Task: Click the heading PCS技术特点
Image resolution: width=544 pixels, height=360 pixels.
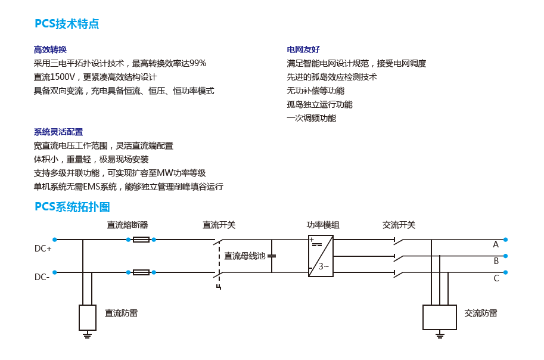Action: point(67,24)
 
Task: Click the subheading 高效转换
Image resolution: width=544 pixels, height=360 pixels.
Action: point(50,49)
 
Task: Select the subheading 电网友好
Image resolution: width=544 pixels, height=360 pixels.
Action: point(303,49)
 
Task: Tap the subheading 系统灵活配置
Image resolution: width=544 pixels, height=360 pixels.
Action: point(58,132)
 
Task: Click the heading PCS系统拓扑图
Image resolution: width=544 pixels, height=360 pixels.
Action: point(72,207)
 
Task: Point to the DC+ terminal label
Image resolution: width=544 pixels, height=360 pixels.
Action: point(43,249)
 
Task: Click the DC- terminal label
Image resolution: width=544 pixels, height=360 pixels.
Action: point(42,277)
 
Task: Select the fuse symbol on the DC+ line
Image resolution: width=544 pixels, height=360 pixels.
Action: point(141,240)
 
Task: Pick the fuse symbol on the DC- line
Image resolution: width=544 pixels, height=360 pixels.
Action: point(141,272)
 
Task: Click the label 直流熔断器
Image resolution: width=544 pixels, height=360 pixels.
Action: point(128,225)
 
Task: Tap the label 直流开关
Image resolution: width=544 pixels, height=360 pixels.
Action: point(219,225)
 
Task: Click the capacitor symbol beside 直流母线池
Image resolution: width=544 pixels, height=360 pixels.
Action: point(272,256)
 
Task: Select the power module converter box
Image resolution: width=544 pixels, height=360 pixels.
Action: point(320,256)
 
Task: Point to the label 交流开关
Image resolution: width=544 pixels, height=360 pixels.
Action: point(399,225)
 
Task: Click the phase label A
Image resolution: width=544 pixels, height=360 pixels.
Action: point(496,244)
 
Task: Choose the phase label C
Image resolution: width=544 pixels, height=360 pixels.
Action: point(496,278)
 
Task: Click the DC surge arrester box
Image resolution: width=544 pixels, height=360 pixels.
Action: point(88,317)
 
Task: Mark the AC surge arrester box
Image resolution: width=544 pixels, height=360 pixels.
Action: point(440,317)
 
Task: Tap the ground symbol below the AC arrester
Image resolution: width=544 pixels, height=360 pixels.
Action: point(440,336)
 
